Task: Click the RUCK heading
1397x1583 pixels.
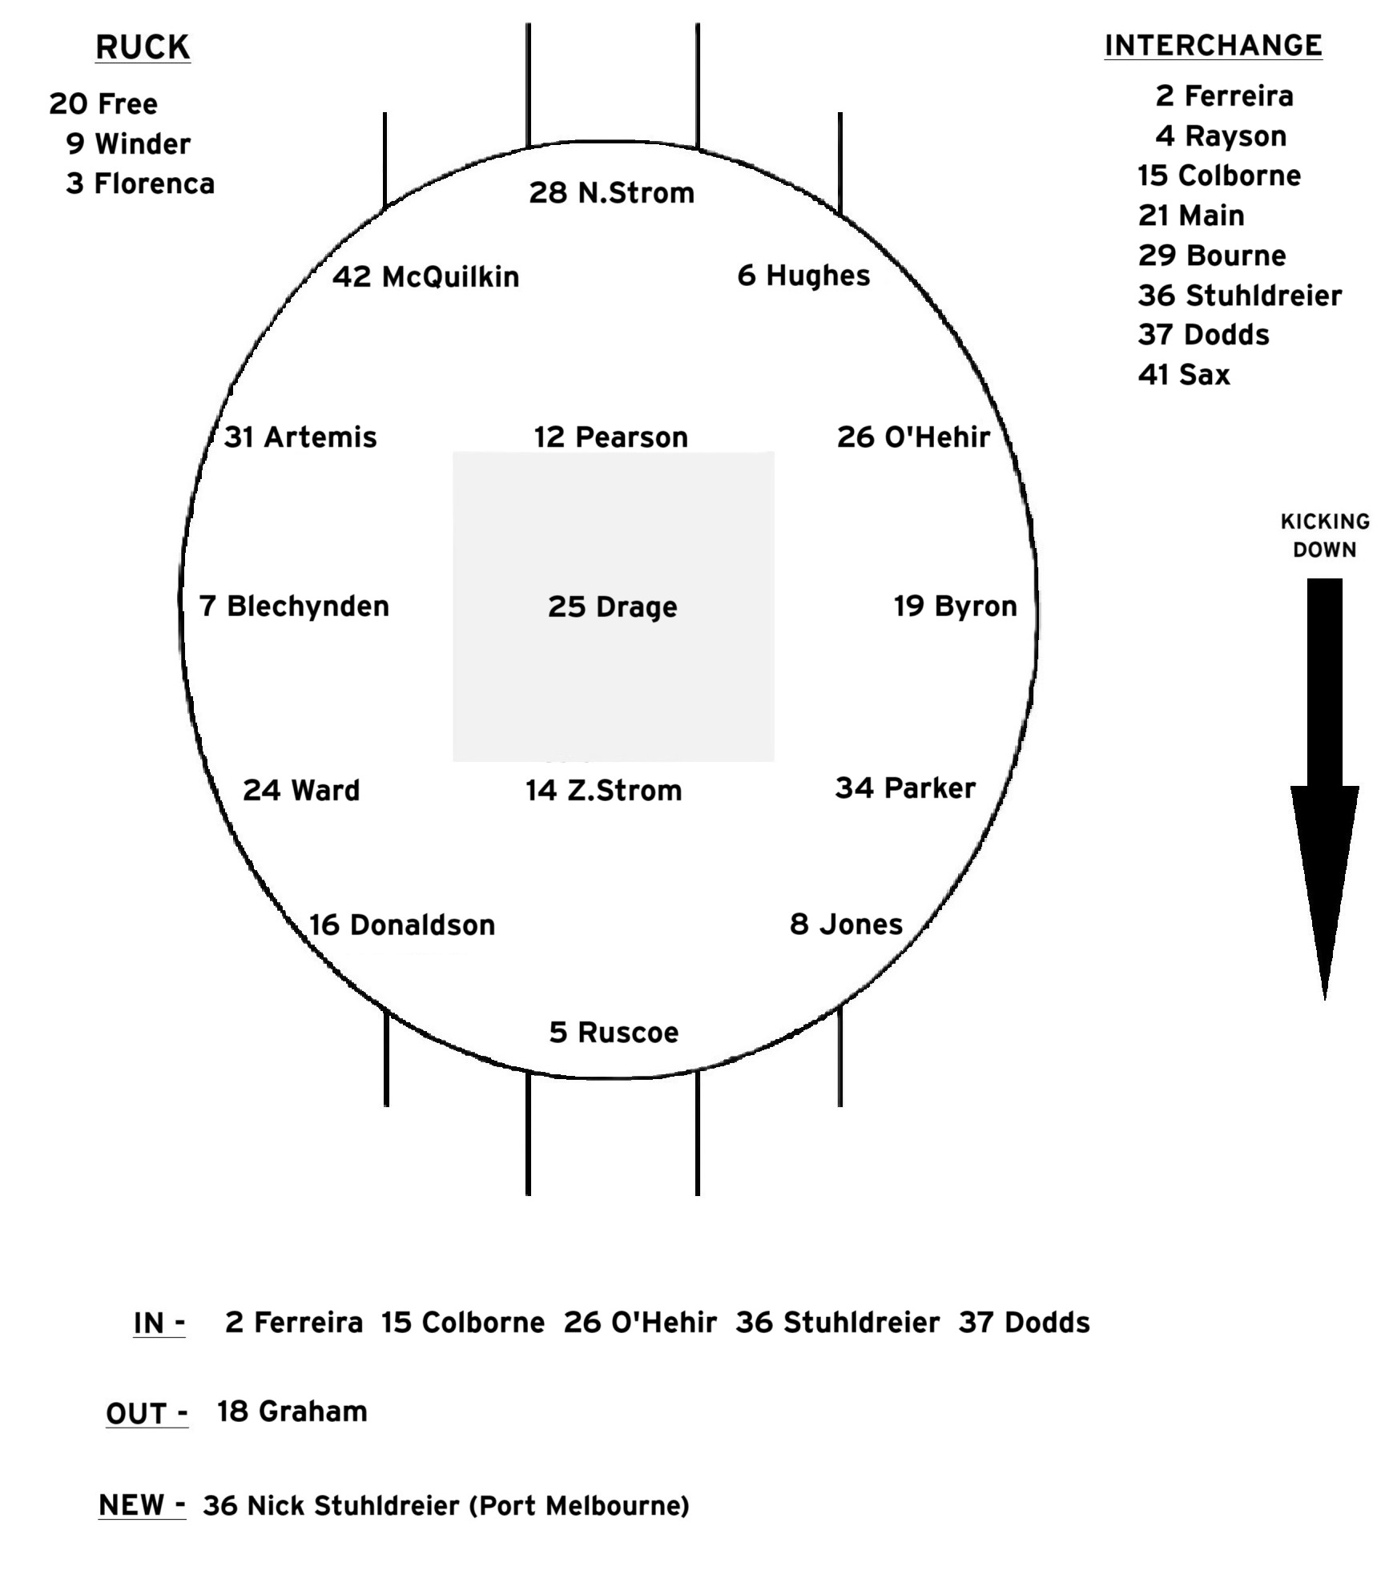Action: pos(143,47)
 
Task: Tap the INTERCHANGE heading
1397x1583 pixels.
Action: pos(1213,46)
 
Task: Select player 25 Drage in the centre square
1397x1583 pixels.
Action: pos(613,606)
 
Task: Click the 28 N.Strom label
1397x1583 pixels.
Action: pos(611,193)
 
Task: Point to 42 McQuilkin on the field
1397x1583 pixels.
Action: pos(426,276)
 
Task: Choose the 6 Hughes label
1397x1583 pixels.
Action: pos(803,276)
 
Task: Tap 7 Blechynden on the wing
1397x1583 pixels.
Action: pos(294,606)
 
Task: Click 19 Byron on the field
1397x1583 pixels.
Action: pos(955,606)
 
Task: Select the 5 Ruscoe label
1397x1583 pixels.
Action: pos(614,1032)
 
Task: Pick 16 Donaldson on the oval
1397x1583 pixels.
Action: pos(402,924)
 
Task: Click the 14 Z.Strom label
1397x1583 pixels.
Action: pos(603,790)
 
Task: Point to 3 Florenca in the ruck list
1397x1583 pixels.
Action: pos(140,183)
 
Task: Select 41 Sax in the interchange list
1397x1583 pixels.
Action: pos(1183,374)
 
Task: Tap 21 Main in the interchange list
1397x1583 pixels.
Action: pos(1191,215)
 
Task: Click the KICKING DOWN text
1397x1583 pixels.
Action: pos(1325,535)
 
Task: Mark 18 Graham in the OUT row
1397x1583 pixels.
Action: pos(292,1411)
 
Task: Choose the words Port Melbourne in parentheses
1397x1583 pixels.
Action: pos(578,1506)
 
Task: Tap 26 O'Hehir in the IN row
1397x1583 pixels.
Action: pos(640,1322)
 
